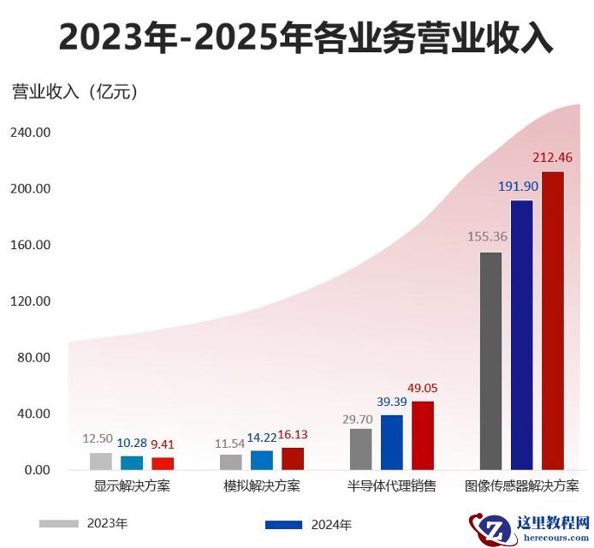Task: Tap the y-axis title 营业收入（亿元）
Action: coord(74,91)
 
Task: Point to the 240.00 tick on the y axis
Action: coord(31,133)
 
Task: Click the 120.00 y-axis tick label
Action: coord(31,301)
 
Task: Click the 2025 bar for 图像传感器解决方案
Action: coord(553,321)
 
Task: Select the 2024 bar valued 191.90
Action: coord(521,335)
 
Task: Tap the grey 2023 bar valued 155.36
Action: coord(490,360)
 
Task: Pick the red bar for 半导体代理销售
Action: coord(423,435)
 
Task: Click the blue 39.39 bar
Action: coord(391,442)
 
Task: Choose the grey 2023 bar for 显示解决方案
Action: coord(101,461)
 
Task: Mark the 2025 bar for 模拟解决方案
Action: coord(293,458)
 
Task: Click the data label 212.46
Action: coord(552,158)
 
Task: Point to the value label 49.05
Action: coord(422,388)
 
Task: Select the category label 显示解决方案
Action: coord(132,486)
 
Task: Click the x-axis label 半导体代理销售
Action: coord(391,486)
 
